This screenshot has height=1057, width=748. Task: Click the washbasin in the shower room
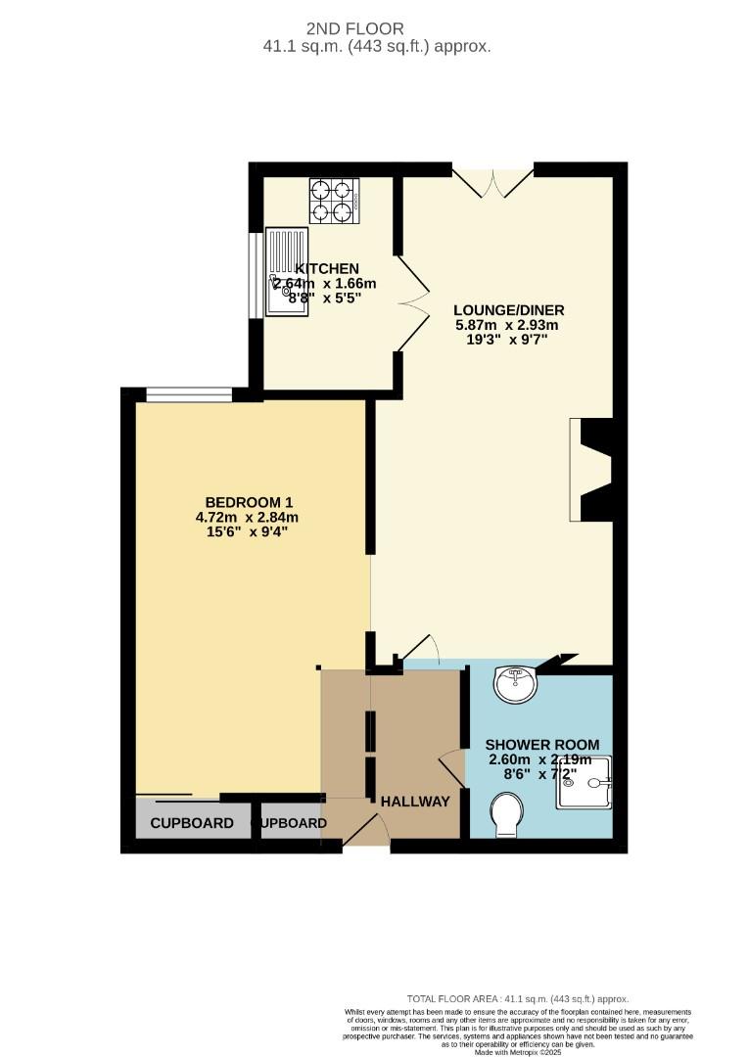515,683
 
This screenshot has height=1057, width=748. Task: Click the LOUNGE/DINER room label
509,310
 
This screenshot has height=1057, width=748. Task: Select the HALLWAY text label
415,802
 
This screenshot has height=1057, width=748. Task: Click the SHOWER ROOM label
543,745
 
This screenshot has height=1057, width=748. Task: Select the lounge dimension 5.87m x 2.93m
507,325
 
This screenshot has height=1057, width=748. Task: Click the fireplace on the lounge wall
592,470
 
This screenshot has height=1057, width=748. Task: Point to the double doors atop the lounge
492,182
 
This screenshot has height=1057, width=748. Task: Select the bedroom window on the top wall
189,394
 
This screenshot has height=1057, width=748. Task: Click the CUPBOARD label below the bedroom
192,823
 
